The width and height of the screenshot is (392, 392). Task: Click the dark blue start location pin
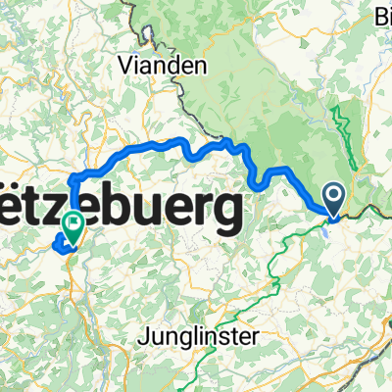click(x=333, y=200)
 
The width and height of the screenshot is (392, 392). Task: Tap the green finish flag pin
click(x=73, y=227)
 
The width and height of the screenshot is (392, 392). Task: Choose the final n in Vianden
click(x=203, y=67)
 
